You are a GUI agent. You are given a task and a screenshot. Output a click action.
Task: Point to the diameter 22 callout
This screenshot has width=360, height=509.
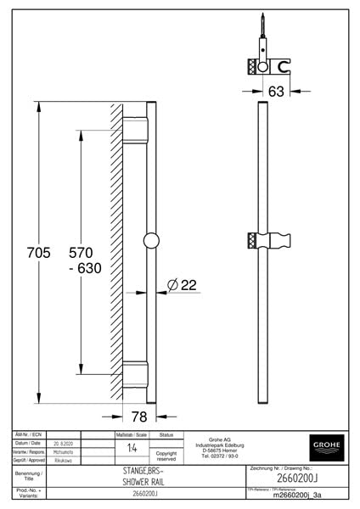tap(183, 285)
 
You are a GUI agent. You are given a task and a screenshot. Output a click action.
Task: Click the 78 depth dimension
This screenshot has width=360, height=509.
tap(139, 416)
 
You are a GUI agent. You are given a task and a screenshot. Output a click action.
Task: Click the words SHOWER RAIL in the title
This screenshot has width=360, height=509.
tap(138, 481)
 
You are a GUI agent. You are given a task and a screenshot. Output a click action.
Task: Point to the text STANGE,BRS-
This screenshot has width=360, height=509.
tap(138, 469)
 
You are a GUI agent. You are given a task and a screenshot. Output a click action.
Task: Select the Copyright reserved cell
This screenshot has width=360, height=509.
tap(166, 456)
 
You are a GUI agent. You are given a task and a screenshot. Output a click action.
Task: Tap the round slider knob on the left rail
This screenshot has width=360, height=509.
tap(151, 240)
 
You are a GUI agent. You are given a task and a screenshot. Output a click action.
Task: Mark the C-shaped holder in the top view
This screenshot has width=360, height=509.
tap(283, 64)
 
